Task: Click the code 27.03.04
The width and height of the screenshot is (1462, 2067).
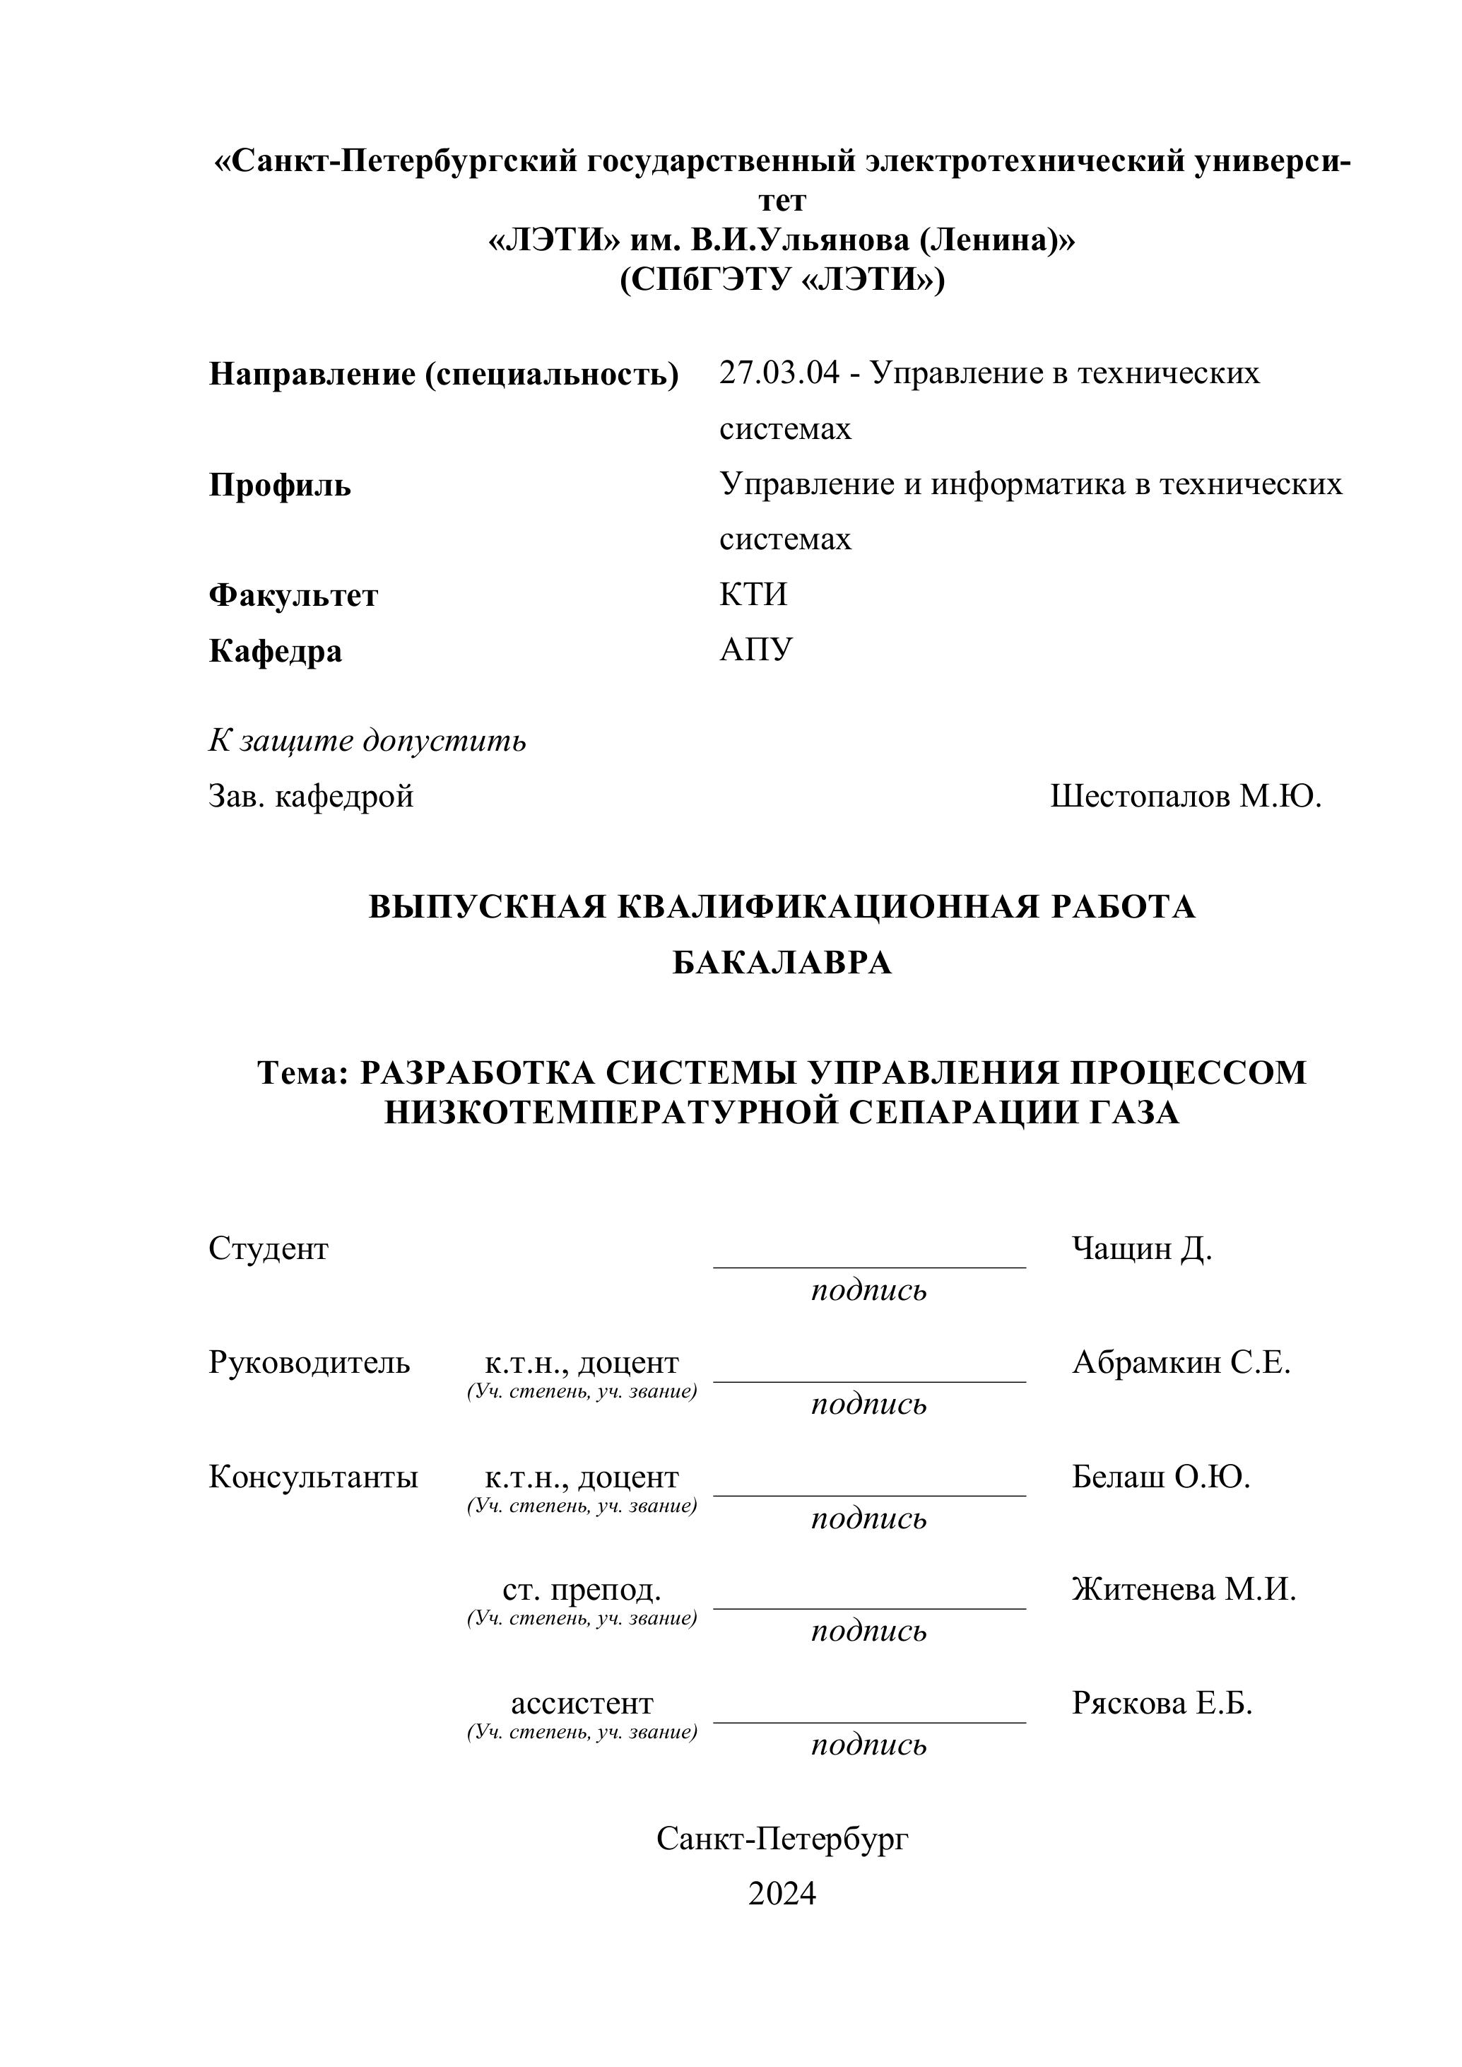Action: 779,373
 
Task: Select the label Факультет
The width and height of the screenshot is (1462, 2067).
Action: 293,595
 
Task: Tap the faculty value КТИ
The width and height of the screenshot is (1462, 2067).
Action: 753,595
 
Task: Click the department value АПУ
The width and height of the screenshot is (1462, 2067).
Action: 756,650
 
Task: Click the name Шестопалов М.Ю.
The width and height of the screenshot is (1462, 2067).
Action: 1186,796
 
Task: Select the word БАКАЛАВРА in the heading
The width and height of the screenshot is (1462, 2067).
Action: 782,963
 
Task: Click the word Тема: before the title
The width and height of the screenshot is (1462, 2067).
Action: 302,1072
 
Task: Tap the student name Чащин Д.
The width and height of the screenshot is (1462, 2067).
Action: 1141,1248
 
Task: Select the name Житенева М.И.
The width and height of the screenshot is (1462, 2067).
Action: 1184,1590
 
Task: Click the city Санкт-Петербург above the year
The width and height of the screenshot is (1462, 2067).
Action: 782,1839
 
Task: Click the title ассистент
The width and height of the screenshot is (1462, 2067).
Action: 582,1704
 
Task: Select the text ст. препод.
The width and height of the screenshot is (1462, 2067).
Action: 582,1591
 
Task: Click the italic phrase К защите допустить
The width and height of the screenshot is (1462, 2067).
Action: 367,742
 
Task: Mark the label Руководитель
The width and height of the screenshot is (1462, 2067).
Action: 309,1363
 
